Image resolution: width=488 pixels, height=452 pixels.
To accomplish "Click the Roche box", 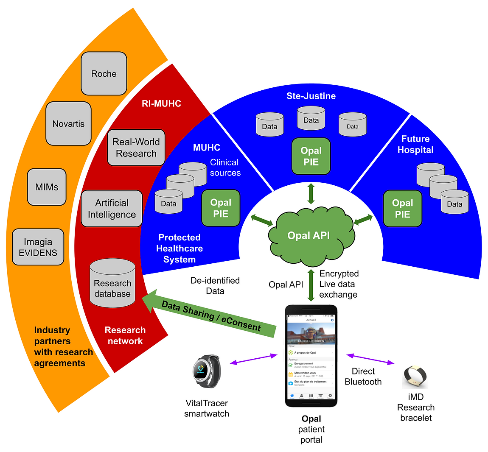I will coord(104,73).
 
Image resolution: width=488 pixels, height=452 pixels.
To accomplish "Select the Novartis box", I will coord(68,123).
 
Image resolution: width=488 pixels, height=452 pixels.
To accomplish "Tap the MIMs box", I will coord(47,187).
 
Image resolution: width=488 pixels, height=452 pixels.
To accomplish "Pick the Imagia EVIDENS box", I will coord(38,247).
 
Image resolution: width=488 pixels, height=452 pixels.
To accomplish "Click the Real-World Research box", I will coord(136,148).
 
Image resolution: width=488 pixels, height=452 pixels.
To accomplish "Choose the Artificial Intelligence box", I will coord(112,209).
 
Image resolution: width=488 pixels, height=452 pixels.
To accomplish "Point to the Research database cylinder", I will coord(112,284).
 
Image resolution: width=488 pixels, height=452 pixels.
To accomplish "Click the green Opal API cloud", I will coord(309,235).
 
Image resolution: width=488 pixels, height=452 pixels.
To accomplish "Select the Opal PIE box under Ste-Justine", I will coord(311,156).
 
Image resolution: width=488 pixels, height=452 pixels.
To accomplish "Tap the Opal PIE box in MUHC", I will coord(221,208).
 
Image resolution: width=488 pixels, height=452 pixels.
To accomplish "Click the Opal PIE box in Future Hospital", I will coord(402,208).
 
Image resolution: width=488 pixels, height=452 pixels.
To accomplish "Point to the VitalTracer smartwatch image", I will coord(206,371).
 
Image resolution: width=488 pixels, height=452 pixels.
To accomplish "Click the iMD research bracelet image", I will coord(415,377).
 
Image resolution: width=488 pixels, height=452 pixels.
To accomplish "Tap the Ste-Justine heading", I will coord(311,96).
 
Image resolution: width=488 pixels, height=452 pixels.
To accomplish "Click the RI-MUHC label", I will coord(161,103).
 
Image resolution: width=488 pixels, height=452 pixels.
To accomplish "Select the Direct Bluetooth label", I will coord(363,377).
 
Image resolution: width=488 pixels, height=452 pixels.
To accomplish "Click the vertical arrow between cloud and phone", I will coord(311,285).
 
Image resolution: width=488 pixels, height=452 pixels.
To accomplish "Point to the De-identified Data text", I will coord(215,285).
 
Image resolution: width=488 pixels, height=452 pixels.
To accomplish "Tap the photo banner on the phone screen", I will coord(311,333).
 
